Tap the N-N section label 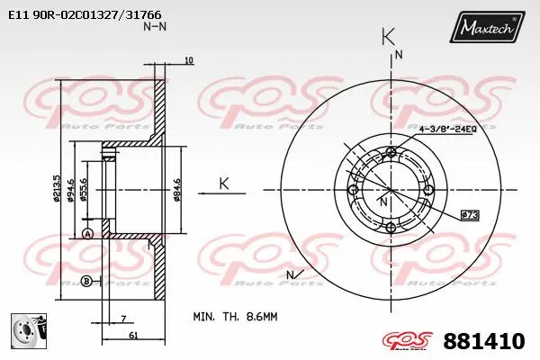point(155,27)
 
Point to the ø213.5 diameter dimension point(57,191)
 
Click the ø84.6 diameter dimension point(177,191)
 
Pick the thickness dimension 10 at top point(188,61)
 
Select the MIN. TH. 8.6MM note point(237,317)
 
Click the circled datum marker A point(87,234)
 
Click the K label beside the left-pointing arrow point(224,183)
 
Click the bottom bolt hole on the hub point(389,228)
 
